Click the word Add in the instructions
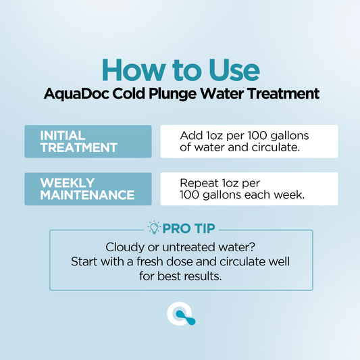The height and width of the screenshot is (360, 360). (x=190, y=135)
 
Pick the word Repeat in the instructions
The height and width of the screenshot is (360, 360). (x=197, y=182)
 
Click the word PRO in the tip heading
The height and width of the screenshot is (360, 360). (x=176, y=228)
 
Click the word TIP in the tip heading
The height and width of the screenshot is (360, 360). (x=202, y=228)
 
